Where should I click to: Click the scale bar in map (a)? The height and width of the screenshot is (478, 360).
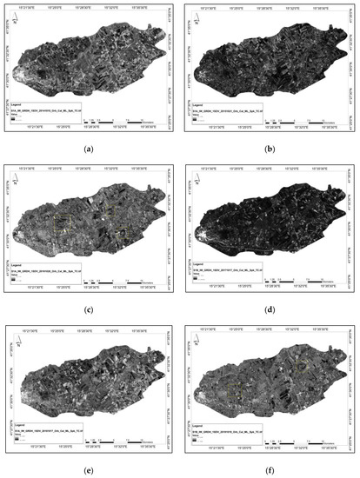113,120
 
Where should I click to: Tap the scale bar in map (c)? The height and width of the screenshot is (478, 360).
113,280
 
